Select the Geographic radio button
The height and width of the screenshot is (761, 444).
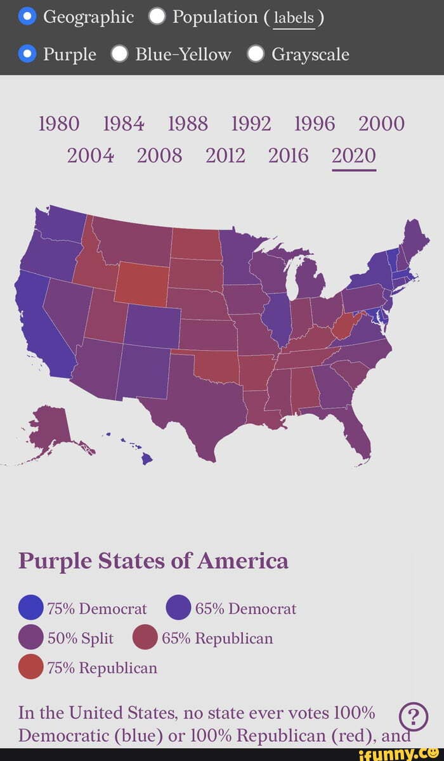[x=27, y=16]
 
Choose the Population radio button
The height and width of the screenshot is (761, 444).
[x=157, y=16]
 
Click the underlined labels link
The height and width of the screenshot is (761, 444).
[x=293, y=18]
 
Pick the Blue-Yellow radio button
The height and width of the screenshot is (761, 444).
[x=119, y=55]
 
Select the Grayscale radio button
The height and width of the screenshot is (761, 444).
[x=256, y=55]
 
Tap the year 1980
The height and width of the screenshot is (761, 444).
[x=59, y=124]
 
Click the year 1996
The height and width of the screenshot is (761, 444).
[x=315, y=124]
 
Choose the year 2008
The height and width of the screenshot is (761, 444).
[x=159, y=155]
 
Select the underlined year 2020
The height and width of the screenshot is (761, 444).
[x=353, y=155]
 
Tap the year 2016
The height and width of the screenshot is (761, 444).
[x=288, y=155]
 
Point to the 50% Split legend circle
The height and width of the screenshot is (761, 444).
[x=31, y=638]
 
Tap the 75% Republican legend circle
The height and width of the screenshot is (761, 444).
[x=31, y=667]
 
